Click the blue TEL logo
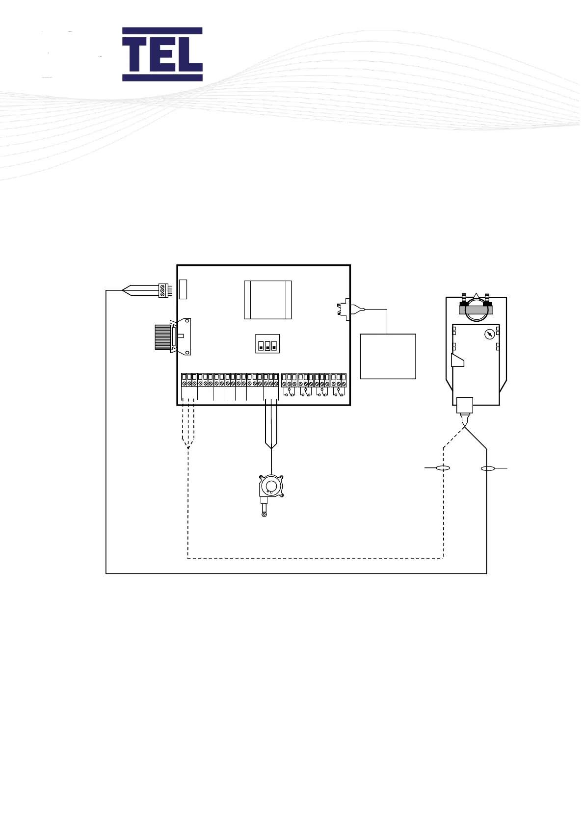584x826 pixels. point(162,54)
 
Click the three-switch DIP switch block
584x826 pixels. point(267,343)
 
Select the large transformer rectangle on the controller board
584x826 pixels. point(268,300)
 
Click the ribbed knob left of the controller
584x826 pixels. point(162,337)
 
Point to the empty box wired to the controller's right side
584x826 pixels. point(388,356)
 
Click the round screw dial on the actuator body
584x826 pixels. point(489,335)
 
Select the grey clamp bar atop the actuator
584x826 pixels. point(475,309)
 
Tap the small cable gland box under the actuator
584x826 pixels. point(464,406)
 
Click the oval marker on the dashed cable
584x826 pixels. point(443,468)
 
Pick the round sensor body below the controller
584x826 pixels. point(270,486)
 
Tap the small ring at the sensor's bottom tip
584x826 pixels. point(265,515)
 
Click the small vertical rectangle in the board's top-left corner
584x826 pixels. point(183,289)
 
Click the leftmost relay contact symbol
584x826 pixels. point(289,392)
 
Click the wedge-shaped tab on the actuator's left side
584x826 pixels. point(457,361)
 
